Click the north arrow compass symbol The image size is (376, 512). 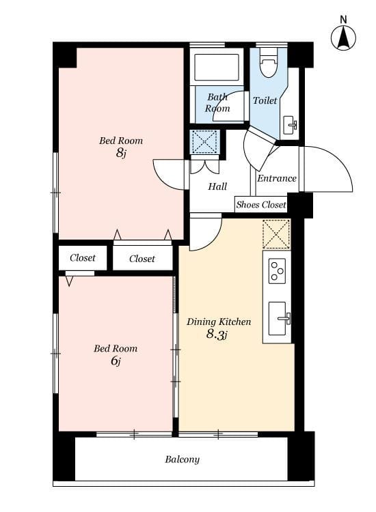pos(343,38)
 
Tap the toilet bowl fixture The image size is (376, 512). pos(269,62)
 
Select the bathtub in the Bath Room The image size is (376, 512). pos(217,68)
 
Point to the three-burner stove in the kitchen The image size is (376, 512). pos(278,270)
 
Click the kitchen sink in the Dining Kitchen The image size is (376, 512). pos(279,318)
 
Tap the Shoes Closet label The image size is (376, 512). pos(261,205)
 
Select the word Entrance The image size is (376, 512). pos(277,178)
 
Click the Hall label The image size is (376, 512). pos(217,186)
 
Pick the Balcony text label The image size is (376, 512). pos(182,459)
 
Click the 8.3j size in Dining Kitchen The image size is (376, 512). pos(217,335)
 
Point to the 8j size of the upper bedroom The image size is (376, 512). pos(120,152)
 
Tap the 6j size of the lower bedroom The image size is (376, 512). pos(116,360)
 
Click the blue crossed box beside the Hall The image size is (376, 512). pos(204,142)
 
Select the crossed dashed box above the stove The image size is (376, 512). pos(276,234)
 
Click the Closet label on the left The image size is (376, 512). pos(83,258)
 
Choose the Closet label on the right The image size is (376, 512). pos(142,259)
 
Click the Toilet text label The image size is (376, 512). pos(265,100)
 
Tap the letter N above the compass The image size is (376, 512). pos(343,20)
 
